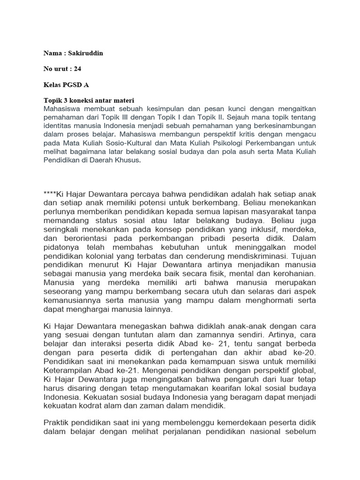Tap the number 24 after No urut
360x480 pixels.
tap(77, 69)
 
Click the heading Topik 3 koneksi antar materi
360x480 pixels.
tap(89, 100)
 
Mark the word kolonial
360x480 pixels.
tap(97, 257)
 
